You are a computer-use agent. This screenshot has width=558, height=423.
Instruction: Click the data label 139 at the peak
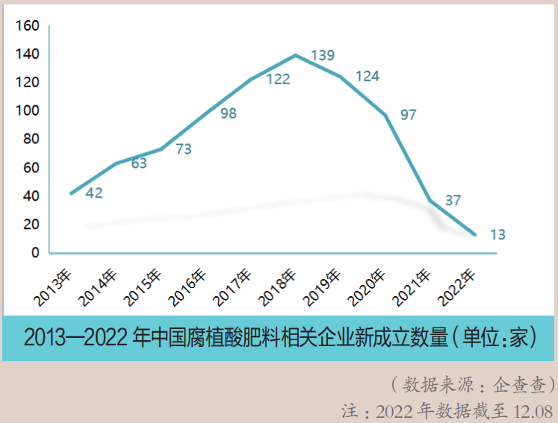click(323, 55)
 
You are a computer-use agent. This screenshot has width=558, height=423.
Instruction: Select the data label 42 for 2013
click(94, 192)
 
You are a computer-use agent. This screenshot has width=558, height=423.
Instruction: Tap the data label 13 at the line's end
click(497, 234)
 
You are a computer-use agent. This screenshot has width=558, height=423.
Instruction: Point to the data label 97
click(408, 115)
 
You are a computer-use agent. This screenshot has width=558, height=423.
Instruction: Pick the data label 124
click(368, 76)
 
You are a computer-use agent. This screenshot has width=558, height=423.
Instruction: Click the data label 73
click(183, 149)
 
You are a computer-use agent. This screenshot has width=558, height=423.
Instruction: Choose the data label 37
click(453, 200)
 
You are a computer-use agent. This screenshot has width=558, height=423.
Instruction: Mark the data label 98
click(229, 113)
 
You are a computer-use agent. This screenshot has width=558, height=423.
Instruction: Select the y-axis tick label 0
click(34, 253)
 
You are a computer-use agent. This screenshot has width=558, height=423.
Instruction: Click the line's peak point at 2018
click(296, 55)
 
